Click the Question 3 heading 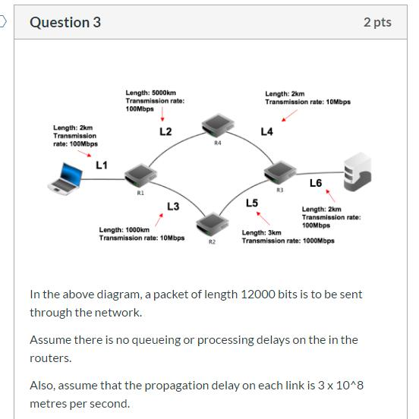click(65, 22)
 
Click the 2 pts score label click(377, 22)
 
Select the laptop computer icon click(65, 179)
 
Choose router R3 click(278, 173)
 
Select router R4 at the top click(217, 126)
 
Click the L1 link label click(101, 164)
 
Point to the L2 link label click(165, 131)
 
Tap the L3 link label click(173, 206)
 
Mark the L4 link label click(266, 131)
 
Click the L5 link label click(252, 203)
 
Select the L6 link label click(316, 183)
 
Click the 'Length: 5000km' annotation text click(150, 93)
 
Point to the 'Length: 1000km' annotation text click(124, 229)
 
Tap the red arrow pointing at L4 click(288, 115)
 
